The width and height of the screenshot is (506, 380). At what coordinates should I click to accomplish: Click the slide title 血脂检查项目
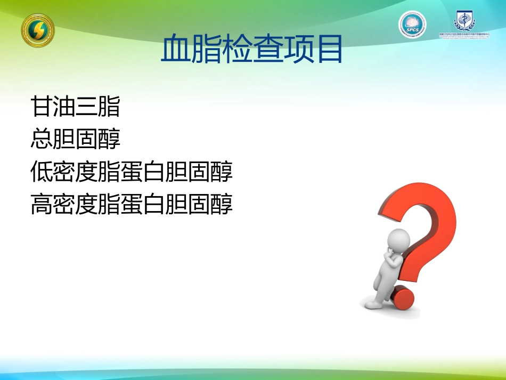coord(251,50)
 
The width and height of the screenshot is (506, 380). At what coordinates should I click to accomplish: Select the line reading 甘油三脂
coord(75,107)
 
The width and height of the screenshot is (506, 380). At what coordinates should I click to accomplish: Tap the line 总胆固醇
coord(75,139)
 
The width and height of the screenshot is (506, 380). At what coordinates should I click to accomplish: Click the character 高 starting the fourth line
coord(42,204)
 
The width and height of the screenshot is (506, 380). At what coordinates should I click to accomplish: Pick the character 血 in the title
coord(175,50)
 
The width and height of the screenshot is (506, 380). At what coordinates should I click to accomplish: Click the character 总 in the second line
coord(42,139)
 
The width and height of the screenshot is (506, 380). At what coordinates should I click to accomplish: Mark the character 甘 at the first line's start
coord(42,107)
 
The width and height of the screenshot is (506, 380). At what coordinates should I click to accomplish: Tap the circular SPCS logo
coord(412,25)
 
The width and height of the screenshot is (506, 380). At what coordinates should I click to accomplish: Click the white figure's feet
coord(376,304)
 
